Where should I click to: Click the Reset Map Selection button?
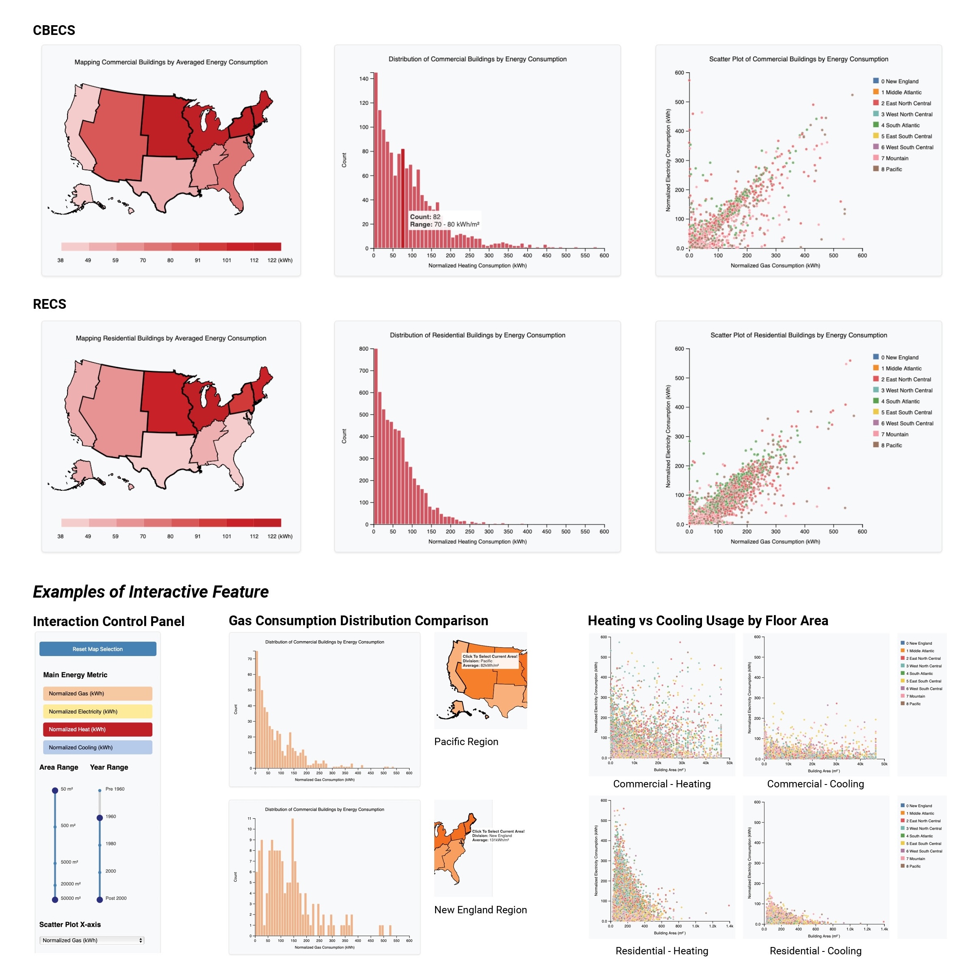(x=97, y=649)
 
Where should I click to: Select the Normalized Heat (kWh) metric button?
(x=97, y=729)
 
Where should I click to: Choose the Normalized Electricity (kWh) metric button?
(x=97, y=711)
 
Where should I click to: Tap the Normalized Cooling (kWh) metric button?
(x=97, y=748)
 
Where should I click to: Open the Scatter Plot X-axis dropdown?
(x=91, y=940)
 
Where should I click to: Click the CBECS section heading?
(x=54, y=30)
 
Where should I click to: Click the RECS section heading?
(x=50, y=304)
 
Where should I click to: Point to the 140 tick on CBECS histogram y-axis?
(x=364, y=79)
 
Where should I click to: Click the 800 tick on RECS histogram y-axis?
(x=364, y=349)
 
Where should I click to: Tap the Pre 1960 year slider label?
(x=115, y=789)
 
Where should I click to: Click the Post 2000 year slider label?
(x=116, y=898)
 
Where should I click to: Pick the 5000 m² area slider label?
(x=69, y=862)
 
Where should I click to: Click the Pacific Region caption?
(x=466, y=742)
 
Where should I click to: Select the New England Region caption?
(x=480, y=910)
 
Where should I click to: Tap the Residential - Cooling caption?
(x=815, y=951)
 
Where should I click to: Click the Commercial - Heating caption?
(x=661, y=784)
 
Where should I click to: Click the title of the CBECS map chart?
(x=171, y=62)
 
